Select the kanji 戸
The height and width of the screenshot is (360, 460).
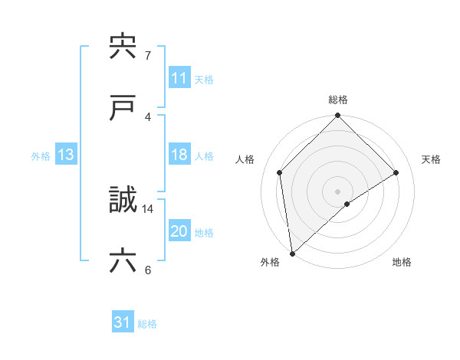[x=123, y=108]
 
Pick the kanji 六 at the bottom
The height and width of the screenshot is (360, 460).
[x=123, y=261]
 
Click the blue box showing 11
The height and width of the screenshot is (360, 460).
[x=179, y=78]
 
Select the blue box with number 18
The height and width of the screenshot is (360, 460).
[x=179, y=155]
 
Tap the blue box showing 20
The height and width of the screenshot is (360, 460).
[x=179, y=231]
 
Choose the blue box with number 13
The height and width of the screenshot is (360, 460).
[x=66, y=155]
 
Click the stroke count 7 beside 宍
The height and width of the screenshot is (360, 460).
[x=147, y=55]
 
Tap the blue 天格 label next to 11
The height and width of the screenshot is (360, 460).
[x=204, y=79]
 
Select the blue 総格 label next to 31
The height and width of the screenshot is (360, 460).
[x=147, y=324]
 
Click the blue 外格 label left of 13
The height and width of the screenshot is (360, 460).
[x=41, y=155]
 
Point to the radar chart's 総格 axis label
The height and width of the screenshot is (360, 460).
[x=338, y=100]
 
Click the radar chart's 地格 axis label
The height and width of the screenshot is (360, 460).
[x=402, y=262]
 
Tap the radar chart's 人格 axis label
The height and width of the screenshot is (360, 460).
[x=245, y=159]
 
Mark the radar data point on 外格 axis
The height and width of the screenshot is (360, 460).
[x=291, y=254]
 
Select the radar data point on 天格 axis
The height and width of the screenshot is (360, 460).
[x=396, y=172]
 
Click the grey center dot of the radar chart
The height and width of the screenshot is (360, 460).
[x=338, y=191]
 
